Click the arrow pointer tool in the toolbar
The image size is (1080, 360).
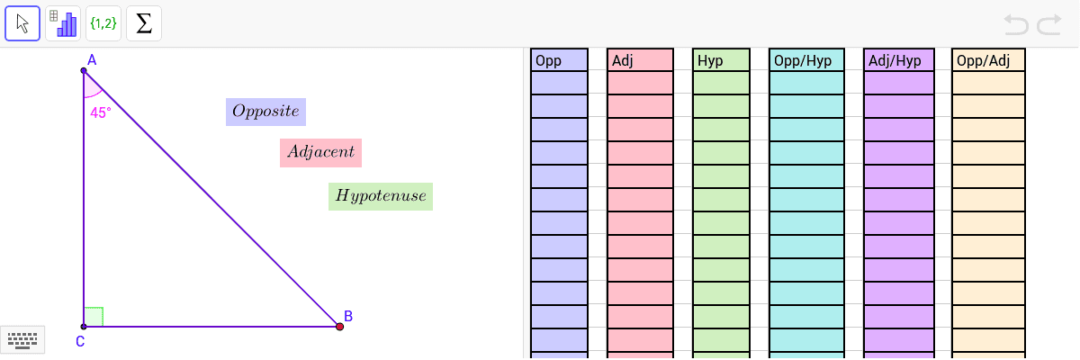(x=22, y=23)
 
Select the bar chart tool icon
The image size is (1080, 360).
(x=63, y=23)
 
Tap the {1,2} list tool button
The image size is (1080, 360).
(x=103, y=23)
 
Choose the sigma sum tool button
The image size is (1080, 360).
(x=144, y=23)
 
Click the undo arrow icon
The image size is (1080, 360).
(x=1016, y=24)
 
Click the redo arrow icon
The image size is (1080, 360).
(x=1049, y=24)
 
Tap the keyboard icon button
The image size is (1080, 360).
(x=22, y=340)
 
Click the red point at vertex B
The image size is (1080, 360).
(x=340, y=327)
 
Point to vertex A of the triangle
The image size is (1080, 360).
(x=84, y=71)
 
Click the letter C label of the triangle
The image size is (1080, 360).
(x=80, y=342)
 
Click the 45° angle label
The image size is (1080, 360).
(x=101, y=112)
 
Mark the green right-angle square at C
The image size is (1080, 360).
(x=94, y=317)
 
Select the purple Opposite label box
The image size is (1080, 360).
(x=265, y=112)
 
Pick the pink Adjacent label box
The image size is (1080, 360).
(x=320, y=153)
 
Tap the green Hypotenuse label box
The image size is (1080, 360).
(x=381, y=196)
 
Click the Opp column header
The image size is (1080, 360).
(x=559, y=60)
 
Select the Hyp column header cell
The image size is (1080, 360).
(x=721, y=60)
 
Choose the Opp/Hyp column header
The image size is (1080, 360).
(x=806, y=60)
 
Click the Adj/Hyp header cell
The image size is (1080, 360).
(x=899, y=60)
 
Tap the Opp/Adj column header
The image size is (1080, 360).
(x=988, y=60)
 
